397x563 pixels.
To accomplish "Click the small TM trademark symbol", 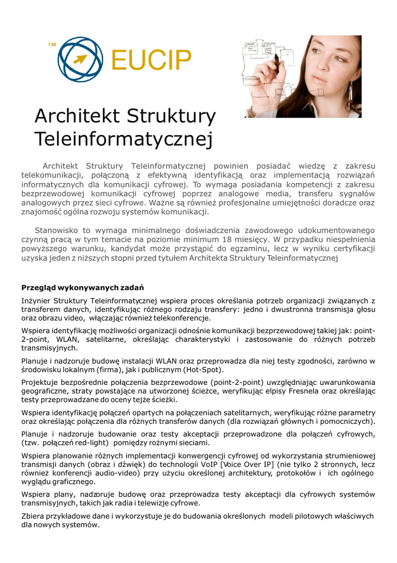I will pyautogui.click(x=52, y=44).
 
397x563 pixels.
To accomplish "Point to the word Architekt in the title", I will pyautogui.click(x=77, y=116).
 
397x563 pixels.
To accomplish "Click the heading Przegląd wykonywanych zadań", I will pyautogui.click(x=82, y=288).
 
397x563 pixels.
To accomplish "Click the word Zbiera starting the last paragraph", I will pyautogui.click(x=34, y=516).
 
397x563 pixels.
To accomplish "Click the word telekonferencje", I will pyautogui.click(x=181, y=318).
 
